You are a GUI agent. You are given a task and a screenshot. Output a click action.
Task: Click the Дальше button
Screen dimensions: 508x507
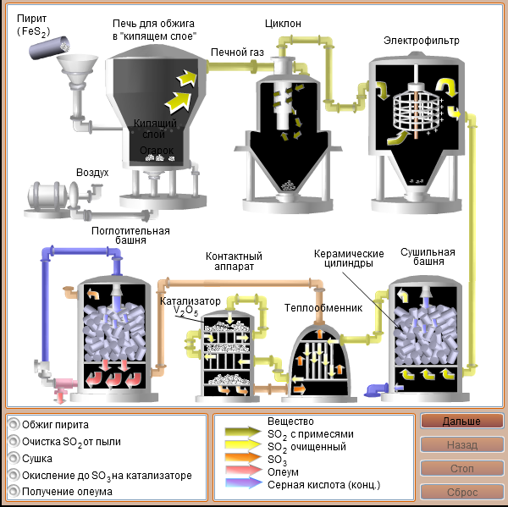tap(461, 422)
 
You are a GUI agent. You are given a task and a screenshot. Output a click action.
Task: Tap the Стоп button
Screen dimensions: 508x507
tap(461, 468)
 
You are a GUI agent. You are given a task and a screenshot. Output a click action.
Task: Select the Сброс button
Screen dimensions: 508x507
tap(461, 492)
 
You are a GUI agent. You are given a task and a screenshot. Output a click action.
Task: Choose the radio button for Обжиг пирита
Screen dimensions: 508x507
tap(14, 424)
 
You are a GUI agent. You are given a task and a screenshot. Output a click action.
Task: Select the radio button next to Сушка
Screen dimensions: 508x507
tap(14, 458)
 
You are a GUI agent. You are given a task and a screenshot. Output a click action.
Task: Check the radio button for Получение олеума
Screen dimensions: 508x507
tap(14, 491)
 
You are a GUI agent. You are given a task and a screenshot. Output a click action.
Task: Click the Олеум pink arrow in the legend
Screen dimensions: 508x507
tap(244, 471)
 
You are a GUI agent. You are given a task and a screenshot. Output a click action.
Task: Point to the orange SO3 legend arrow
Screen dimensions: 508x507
tap(244, 458)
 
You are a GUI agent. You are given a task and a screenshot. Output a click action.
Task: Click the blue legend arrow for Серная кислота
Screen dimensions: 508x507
tap(244, 483)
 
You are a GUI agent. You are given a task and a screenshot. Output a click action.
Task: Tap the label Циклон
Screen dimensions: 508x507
tap(283, 24)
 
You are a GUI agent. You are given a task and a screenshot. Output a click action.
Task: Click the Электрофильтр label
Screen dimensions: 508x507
tap(421, 41)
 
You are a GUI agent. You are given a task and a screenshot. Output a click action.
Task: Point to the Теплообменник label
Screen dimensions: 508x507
tap(323, 308)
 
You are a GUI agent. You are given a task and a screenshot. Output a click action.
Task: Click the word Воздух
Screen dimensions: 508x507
tap(92, 173)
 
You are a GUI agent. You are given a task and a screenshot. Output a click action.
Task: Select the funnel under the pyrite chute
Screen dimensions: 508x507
tap(77, 69)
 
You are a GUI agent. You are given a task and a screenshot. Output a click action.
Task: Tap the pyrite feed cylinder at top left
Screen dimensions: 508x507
tap(49, 48)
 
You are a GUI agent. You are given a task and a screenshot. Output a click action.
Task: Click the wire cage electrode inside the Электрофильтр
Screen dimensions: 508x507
tap(417, 111)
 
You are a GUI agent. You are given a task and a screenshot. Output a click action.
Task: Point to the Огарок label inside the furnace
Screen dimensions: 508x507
tap(157, 151)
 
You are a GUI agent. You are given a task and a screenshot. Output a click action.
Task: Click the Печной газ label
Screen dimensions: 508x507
tap(237, 52)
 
